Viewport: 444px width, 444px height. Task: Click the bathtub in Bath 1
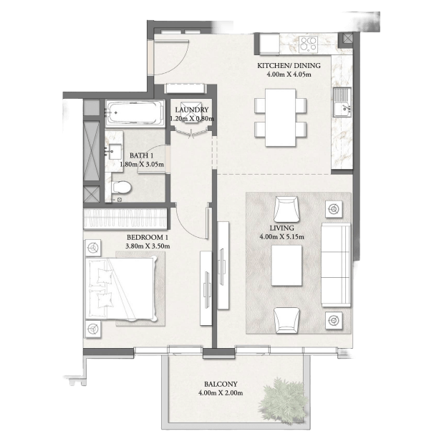pos(135,112)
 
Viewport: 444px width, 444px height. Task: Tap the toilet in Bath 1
pos(122,187)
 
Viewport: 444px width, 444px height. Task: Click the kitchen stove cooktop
pos(308,44)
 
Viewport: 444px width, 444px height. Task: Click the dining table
pos(280,117)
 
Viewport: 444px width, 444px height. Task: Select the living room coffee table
pos(286,265)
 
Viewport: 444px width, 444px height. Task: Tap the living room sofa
pos(336,265)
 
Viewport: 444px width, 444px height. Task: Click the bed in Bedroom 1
pos(121,289)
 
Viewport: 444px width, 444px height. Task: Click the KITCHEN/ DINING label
pos(289,65)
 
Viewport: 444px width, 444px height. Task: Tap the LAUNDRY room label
pos(192,110)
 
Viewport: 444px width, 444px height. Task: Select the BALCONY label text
pos(221,384)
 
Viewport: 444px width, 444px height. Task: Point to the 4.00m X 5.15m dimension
pos(281,237)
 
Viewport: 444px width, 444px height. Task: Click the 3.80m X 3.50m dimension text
pos(148,246)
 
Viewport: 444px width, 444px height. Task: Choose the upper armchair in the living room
pos(286,210)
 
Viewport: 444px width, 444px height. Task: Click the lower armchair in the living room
pos(286,320)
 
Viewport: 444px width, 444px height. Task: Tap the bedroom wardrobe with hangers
pos(125,218)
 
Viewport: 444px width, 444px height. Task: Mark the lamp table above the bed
pos(93,248)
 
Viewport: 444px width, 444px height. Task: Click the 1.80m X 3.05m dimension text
pos(142,164)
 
